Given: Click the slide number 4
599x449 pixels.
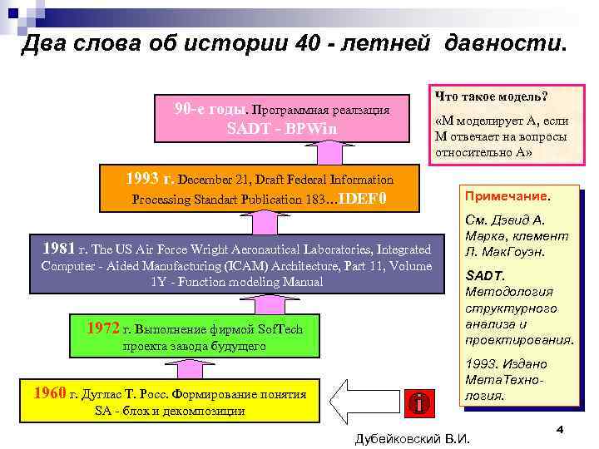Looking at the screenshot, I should point(561,429).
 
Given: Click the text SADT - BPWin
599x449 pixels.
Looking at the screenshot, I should point(283,130).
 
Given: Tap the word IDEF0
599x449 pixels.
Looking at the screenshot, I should point(364,200).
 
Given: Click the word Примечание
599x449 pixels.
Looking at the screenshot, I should point(507,198).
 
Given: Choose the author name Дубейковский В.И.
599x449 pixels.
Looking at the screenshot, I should point(413,437).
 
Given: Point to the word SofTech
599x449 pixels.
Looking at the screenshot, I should point(279,330).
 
